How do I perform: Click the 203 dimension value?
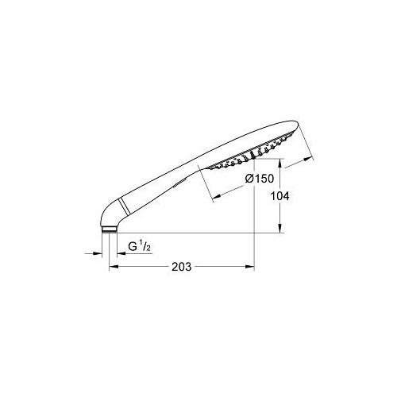[x=181, y=267]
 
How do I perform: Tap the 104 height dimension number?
[x=279, y=196]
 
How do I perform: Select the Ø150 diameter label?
[x=260, y=179]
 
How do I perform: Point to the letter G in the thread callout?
[x=133, y=246]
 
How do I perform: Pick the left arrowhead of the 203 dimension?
[x=114, y=267]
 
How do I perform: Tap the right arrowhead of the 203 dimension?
[x=250, y=267]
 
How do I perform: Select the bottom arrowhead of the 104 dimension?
[x=280, y=229]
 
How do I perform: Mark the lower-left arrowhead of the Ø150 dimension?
[x=217, y=196]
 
